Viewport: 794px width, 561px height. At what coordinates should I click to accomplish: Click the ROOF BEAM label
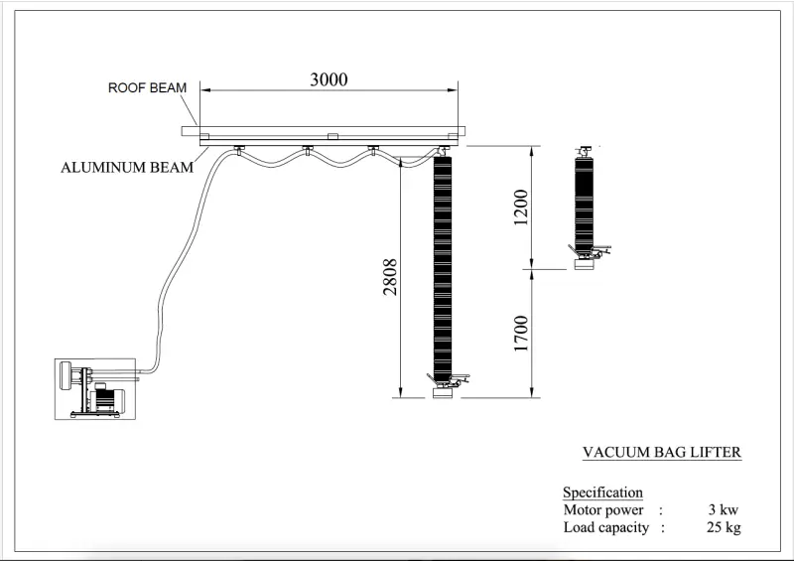pos(147,87)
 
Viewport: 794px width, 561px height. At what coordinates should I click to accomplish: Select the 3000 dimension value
pos(329,79)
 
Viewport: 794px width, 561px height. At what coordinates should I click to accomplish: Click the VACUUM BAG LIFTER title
pos(661,453)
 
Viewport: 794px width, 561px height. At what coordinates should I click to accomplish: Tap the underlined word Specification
pos(602,492)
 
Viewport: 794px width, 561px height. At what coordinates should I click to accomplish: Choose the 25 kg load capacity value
pos(724,528)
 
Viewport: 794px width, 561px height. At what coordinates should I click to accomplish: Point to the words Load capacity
pos(606,528)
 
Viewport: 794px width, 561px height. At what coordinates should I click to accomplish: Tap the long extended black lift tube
pos(443,268)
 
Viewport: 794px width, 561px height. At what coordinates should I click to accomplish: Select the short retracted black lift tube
pos(584,204)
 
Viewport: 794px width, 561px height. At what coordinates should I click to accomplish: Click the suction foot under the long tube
pos(444,394)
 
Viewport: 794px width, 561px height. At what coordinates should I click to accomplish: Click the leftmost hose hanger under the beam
pos(239,151)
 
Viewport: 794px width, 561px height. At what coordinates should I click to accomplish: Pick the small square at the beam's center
pos(333,136)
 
